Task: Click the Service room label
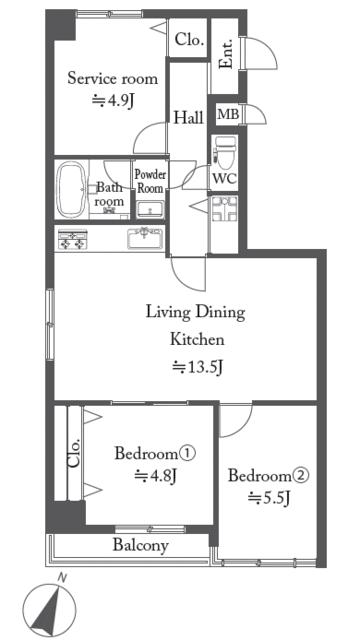[x=112, y=78]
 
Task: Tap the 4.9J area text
[x=113, y=101]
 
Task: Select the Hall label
[x=189, y=118]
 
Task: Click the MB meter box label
[x=228, y=115]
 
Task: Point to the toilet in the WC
[x=225, y=152]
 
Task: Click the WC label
[x=224, y=179]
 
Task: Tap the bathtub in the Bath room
[x=72, y=189]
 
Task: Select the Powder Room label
[x=150, y=181]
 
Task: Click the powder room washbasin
[x=150, y=210]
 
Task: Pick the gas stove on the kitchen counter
[x=73, y=240]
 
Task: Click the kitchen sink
[x=145, y=238]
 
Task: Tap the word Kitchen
[x=197, y=340]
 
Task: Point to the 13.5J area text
[x=197, y=368]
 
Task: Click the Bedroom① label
[x=156, y=453]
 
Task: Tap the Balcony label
[x=140, y=545]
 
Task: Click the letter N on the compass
[x=62, y=577]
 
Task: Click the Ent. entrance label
[x=225, y=54]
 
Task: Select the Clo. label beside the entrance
[x=189, y=40]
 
